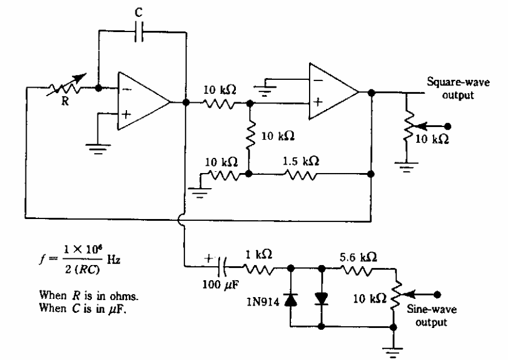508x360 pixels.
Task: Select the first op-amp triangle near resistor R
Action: (143, 102)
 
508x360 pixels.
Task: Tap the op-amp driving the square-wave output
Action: (333, 92)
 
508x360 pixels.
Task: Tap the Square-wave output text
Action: (453, 87)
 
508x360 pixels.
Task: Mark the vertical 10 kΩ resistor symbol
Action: (250, 138)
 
